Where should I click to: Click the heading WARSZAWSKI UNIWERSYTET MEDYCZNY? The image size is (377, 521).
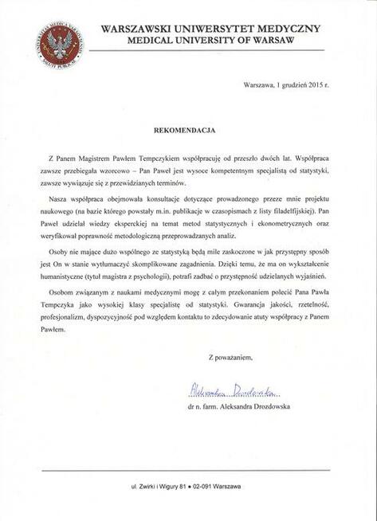coord(211,28)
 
